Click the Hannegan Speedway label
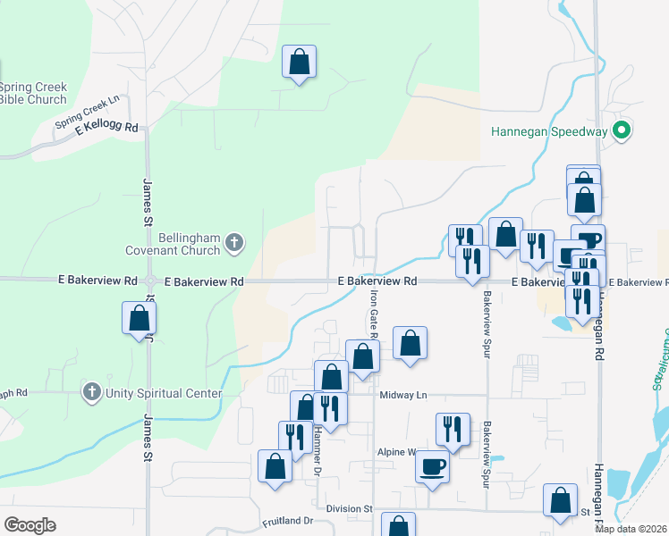[x=549, y=131]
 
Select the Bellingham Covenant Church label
[x=189, y=244]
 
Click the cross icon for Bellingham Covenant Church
[x=233, y=242]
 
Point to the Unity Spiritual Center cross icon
[x=90, y=392]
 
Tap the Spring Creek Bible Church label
[x=33, y=93]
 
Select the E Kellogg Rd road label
[x=106, y=129]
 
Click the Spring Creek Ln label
[x=87, y=112]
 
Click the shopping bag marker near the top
[x=300, y=63]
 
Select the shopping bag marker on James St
[x=139, y=318]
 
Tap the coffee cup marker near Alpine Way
[x=433, y=466]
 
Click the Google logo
[x=30, y=525]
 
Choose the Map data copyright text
[x=631, y=529]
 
